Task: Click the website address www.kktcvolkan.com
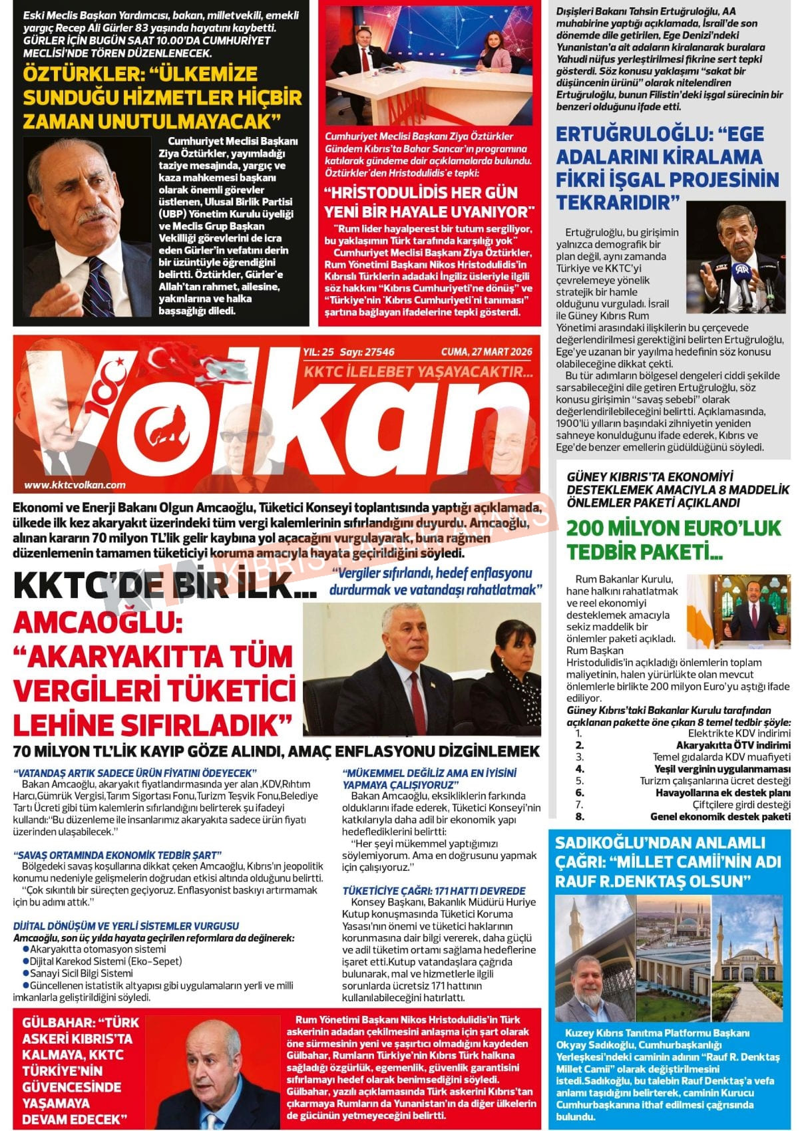coord(75,485)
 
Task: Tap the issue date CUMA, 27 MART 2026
coord(487,352)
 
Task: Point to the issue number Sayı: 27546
coord(367,352)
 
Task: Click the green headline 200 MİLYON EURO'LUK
coord(674,528)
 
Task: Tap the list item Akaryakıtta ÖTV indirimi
coord(733,745)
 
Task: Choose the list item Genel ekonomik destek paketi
coord(720,816)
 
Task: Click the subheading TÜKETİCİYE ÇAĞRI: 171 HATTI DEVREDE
coord(434,890)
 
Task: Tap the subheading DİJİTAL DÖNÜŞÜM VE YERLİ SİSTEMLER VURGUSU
coord(126,925)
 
